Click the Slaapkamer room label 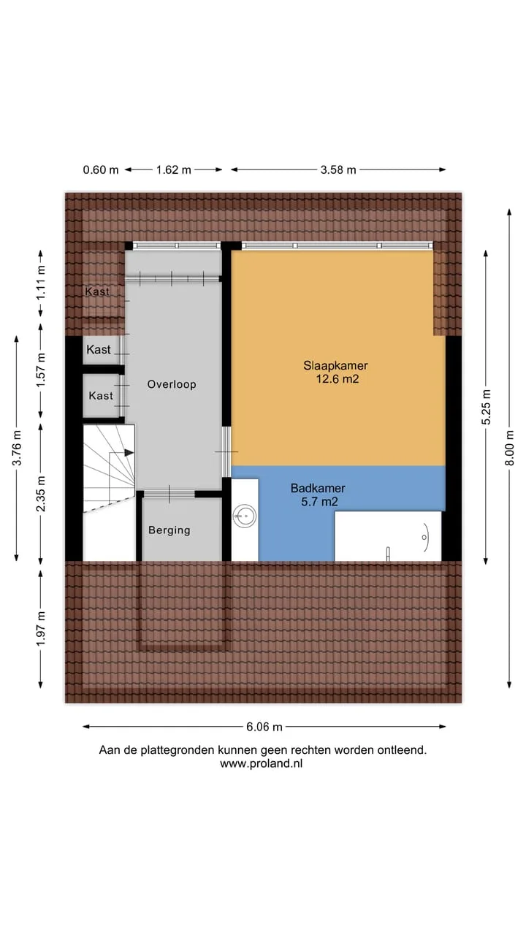pos(335,366)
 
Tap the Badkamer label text pos(318,488)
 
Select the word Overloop pos(172,384)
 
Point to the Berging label pos(169,530)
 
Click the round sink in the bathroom pos(245,516)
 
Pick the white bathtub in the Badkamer pos(388,536)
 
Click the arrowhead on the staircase pos(129,453)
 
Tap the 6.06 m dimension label pos(264,727)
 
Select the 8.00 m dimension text pos(509,449)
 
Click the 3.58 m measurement pos(338,170)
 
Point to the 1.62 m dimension pos(174,170)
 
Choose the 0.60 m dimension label pos(101,170)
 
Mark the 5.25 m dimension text pos(486,407)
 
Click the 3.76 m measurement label pos(17,448)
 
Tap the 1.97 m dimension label pos(40,629)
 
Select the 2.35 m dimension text pos(40,494)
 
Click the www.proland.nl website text pos(262,763)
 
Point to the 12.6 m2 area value pos(338,379)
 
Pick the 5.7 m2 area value pos(319,502)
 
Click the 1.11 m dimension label pos(40,283)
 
